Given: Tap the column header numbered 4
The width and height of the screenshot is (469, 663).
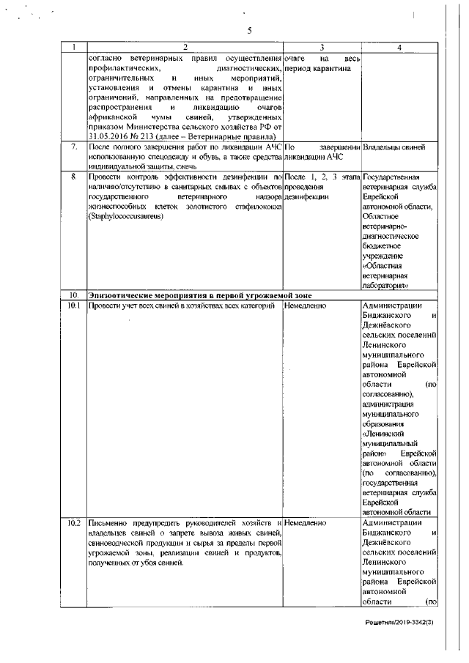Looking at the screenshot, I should click(399, 48).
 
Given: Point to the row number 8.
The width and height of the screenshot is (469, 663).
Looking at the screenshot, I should click(74, 177).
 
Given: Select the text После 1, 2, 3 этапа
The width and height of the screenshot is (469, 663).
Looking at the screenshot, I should click(321, 177).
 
